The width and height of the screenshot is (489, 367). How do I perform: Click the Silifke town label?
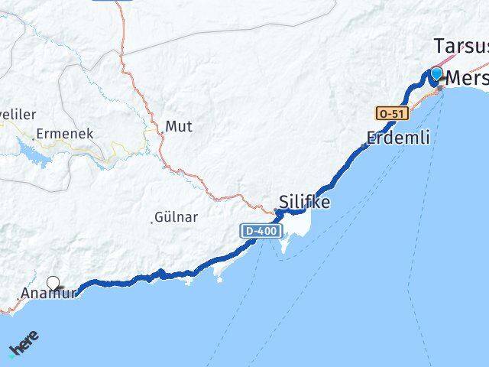point(305,203)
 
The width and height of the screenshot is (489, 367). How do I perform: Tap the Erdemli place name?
point(398,138)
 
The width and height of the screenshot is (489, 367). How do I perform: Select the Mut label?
point(179,126)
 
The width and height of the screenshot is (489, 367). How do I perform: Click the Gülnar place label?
point(176,217)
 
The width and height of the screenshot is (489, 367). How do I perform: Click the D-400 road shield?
point(261,230)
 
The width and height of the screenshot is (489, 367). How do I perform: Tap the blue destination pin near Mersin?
point(436,74)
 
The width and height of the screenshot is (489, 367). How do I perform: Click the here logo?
point(23,345)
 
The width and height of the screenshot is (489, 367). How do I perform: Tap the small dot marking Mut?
point(162,133)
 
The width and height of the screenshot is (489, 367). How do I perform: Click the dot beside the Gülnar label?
point(151,222)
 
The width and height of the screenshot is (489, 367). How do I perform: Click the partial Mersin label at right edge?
point(465,78)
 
